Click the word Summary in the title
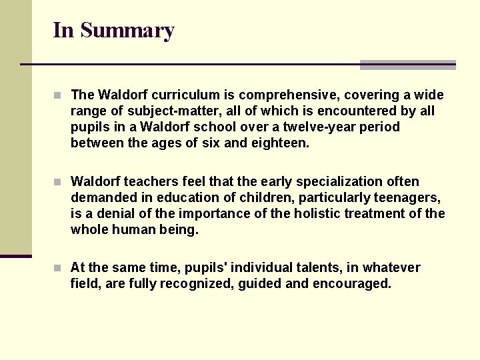(126, 30)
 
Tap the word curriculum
(175, 95)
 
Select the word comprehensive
(287, 95)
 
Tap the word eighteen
(283, 143)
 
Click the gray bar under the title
(407, 65)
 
